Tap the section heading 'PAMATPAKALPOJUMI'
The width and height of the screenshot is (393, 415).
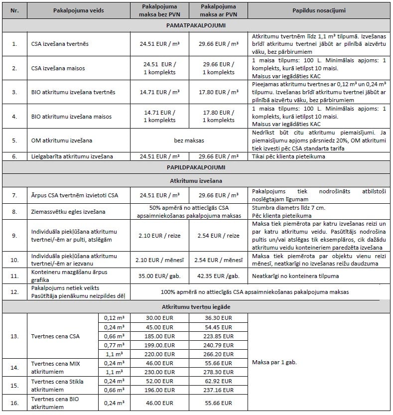point(196,25)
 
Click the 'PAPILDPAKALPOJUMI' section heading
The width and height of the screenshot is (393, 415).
point(196,166)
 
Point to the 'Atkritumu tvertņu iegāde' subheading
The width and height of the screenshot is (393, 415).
point(196,308)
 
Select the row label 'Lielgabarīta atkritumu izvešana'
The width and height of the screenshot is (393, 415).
point(71,156)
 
